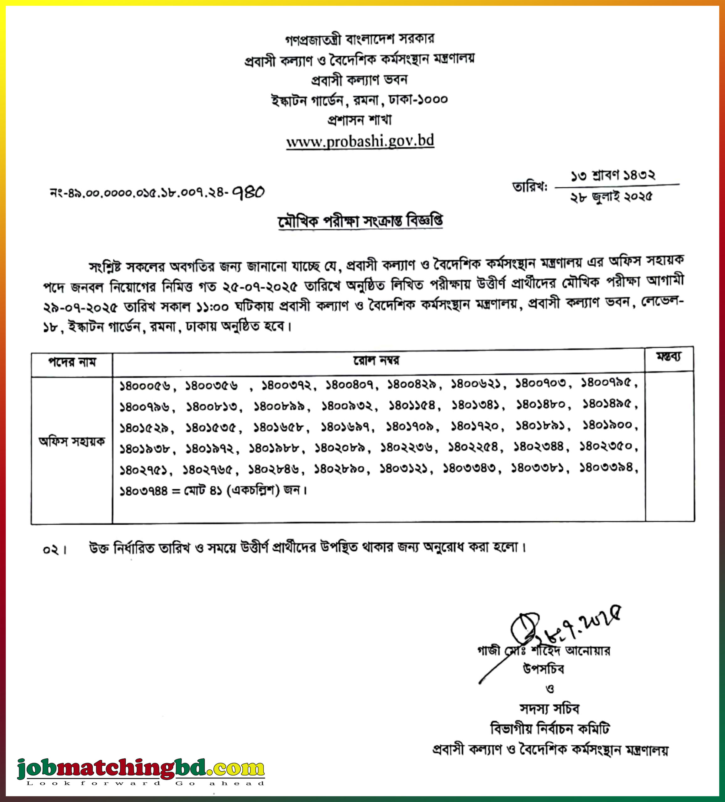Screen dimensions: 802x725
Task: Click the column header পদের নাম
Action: point(72,362)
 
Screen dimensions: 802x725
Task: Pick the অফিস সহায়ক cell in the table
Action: point(72,442)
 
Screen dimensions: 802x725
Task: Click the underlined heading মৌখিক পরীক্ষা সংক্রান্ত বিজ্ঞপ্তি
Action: point(360,221)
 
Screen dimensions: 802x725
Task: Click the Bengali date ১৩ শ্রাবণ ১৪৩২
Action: point(613,175)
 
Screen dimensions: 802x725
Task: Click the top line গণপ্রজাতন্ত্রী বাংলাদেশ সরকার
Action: point(360,39)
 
